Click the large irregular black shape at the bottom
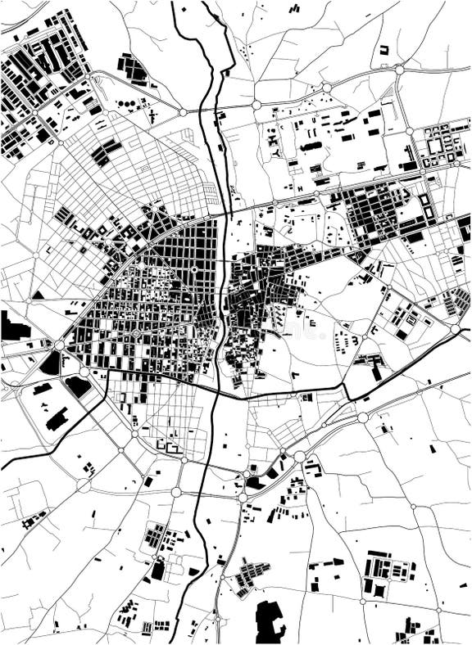click(270, 621)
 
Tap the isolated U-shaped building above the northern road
click(383, 50)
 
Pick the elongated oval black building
click(311, 147)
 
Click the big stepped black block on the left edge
click(13, 327)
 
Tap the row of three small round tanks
click(126, 104)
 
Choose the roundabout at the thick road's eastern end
click(455, 329)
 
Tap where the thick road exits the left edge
click(2, 468)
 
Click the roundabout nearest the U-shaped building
click(399, 70)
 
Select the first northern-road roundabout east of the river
click(256, 105)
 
